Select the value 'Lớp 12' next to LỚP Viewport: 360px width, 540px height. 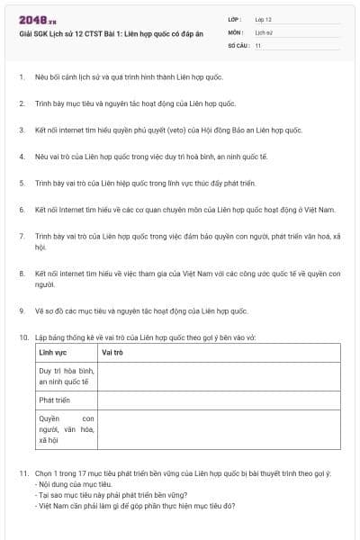point(263,19)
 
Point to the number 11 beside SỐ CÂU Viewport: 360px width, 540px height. point(258,44)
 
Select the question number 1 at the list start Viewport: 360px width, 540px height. point(21,77)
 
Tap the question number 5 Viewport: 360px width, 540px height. point(21,183)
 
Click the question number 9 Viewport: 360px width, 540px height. point(21,310)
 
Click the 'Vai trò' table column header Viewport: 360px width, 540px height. point(112,352)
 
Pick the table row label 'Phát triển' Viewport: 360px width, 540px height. point(54,399)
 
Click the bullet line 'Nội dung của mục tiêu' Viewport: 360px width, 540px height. point(73,484)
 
